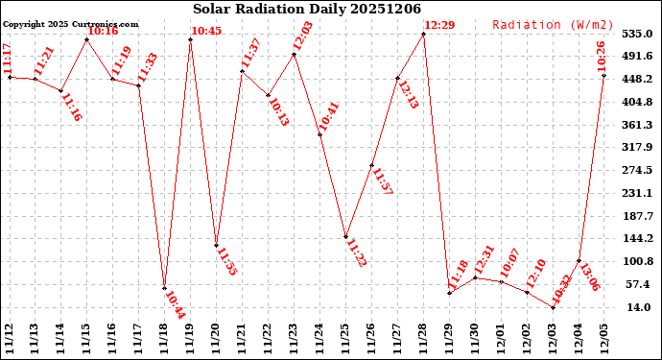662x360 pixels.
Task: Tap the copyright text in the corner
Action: pyautogui.click(x=70, y=24)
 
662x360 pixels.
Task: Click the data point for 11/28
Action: pyautogui.click(x=423, y=34)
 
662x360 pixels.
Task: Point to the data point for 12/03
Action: pyautogui.click(x=553, y=307)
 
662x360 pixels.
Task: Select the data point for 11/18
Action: pyautogui.click(x=164, y=288)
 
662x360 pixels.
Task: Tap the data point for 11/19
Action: pyautogui.click(x=190, y=39)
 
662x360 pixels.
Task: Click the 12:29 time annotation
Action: pyautogui.click(x=439, y=25)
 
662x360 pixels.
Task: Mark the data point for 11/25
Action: pyautogui.click(x=345, y=236)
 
